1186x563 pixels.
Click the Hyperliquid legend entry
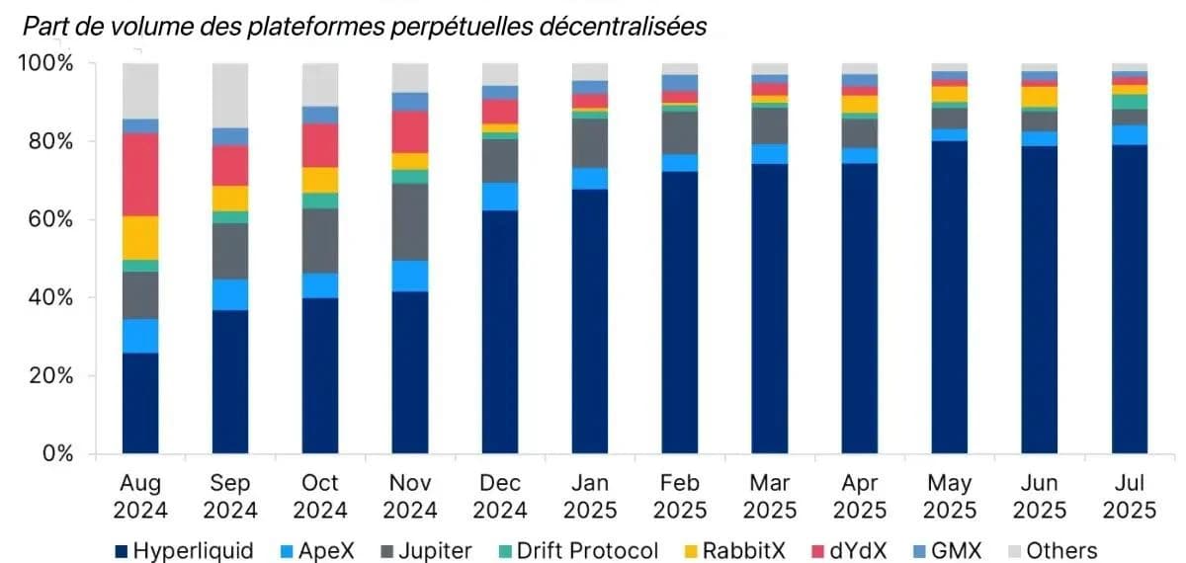pos(184,550)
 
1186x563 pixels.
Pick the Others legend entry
pos(1048,550)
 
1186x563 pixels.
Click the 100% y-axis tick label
pos(45,63)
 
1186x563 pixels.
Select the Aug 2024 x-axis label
pos(140,496)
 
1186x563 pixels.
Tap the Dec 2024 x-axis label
pos(500,496)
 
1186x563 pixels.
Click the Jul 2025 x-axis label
pos(1129,496)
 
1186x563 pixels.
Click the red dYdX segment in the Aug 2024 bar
pos(140,174)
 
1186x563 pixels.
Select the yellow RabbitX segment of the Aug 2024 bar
pos(140,237)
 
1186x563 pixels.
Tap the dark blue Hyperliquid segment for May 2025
pos(949,296)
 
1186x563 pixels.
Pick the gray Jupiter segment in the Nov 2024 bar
pos(410,221)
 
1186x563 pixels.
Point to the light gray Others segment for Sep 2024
pos(230,95)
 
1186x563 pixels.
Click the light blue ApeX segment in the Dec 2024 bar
pos(500,197)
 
